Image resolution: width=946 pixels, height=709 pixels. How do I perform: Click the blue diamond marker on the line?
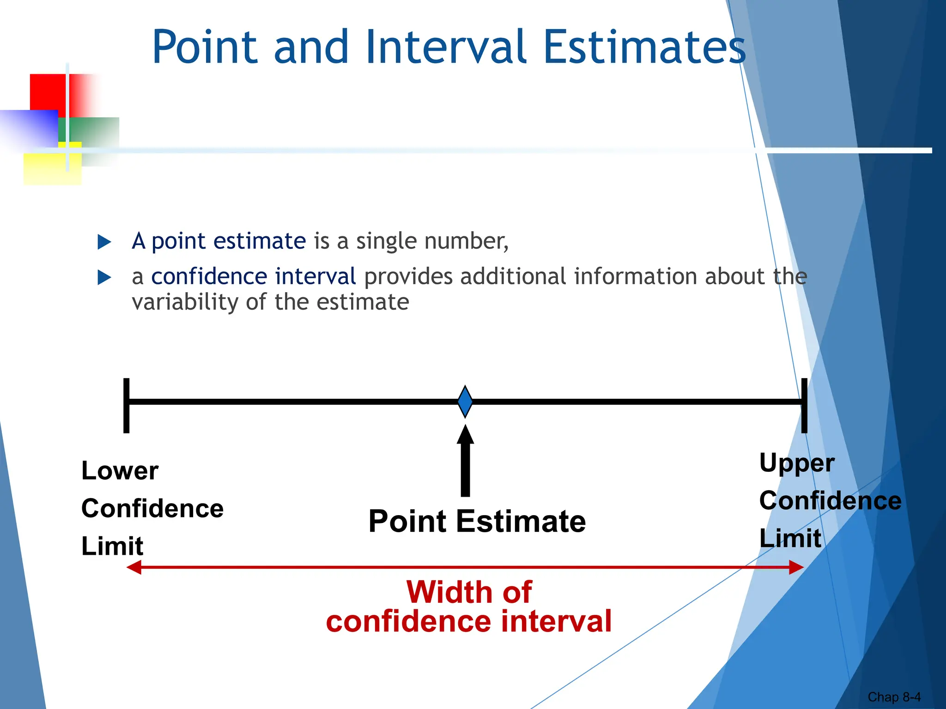(x=465, y=402)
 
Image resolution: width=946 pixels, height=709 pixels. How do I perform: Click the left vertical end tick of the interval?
(x=126, y=405)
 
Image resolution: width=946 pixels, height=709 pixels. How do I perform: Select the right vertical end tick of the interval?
(x=804, y=405)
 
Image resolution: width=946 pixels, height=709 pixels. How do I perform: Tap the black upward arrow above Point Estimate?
(x=465, y=462)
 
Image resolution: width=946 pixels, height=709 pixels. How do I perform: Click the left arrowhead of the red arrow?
(x=134, y=567)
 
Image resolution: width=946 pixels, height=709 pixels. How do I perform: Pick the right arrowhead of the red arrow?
(x=796, y=567)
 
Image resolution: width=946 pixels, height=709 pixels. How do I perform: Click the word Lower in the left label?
(x=120, y=471)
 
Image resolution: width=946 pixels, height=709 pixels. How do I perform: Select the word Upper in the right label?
(x=797, y=463)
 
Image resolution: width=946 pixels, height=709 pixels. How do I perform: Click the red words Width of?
(x=469, y=592)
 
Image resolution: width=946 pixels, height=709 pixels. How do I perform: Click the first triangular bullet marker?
(x=104, y=242)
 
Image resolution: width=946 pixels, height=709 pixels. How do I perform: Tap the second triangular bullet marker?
(x=104, y=277)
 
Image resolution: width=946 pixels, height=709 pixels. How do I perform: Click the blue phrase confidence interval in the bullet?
(x=253, y=277)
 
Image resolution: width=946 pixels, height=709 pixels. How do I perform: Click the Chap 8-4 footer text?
(x=894, y=697)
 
